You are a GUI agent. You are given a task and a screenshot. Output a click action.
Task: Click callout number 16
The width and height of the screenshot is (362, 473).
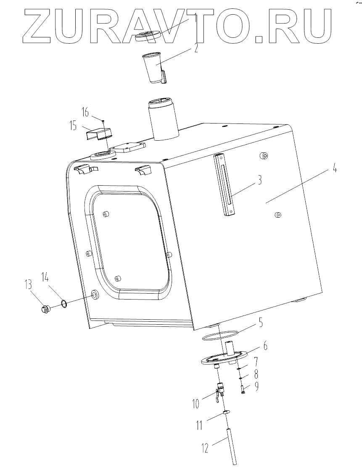[x=86, y=113]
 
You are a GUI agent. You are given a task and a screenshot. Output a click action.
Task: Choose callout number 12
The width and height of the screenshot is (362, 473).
[x=205, y=448]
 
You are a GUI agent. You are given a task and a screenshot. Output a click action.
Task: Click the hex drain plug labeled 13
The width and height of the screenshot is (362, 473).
[x=45, y=309]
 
